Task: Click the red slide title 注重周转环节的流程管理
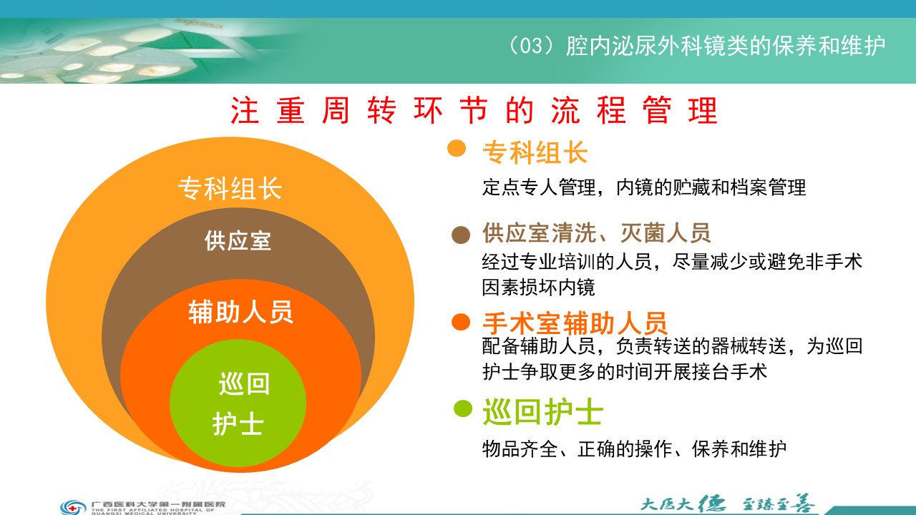point(474,110)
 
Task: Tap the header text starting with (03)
point(696,46)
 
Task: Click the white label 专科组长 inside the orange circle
point(230,188)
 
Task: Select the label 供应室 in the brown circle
point(238,240)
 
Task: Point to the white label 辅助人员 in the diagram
point(240,313)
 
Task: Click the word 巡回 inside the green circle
point(244,384)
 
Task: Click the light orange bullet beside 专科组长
point(457,148)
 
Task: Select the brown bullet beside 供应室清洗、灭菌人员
point(461,235)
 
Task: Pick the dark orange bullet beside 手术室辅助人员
point(461,322)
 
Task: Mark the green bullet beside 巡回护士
point(463,408)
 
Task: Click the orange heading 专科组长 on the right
point(535,153)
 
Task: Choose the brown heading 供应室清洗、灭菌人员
point(597,233)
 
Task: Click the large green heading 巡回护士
point(542,413)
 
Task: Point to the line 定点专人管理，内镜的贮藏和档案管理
point(644,187)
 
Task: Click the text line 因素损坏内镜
point(539,288)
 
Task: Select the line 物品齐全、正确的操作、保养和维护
point(634,449)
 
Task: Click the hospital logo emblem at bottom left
point(73,507)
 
